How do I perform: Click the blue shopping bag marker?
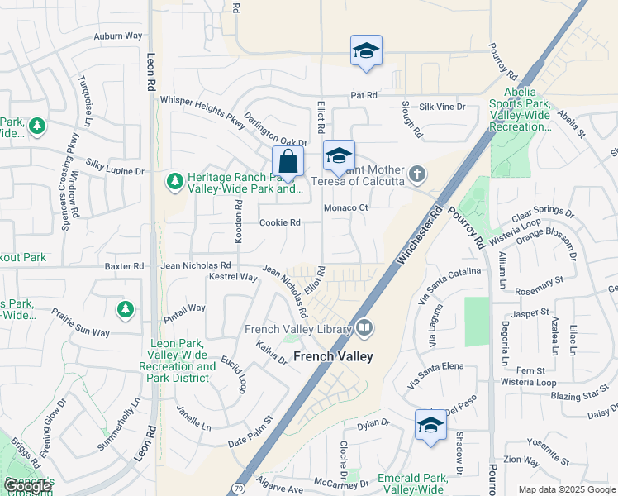(288, 161)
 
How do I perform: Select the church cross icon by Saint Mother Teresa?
(419, 174)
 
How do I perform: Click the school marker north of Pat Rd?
(366, 51)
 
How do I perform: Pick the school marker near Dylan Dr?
(430, 426)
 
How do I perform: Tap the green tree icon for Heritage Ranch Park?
(174, 180)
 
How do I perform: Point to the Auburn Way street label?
(117, 36)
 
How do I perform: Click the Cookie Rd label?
(279, 222)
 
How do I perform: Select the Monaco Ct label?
(345, 207)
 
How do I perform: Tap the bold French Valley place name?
(333, 356)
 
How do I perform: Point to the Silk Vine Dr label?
(442, 107)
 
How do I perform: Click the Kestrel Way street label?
(234, 278)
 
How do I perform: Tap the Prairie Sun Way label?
(80, 323)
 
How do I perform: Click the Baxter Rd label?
(124, 266)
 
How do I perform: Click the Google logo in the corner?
(27, 486)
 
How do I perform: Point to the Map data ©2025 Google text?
(566, 489)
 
